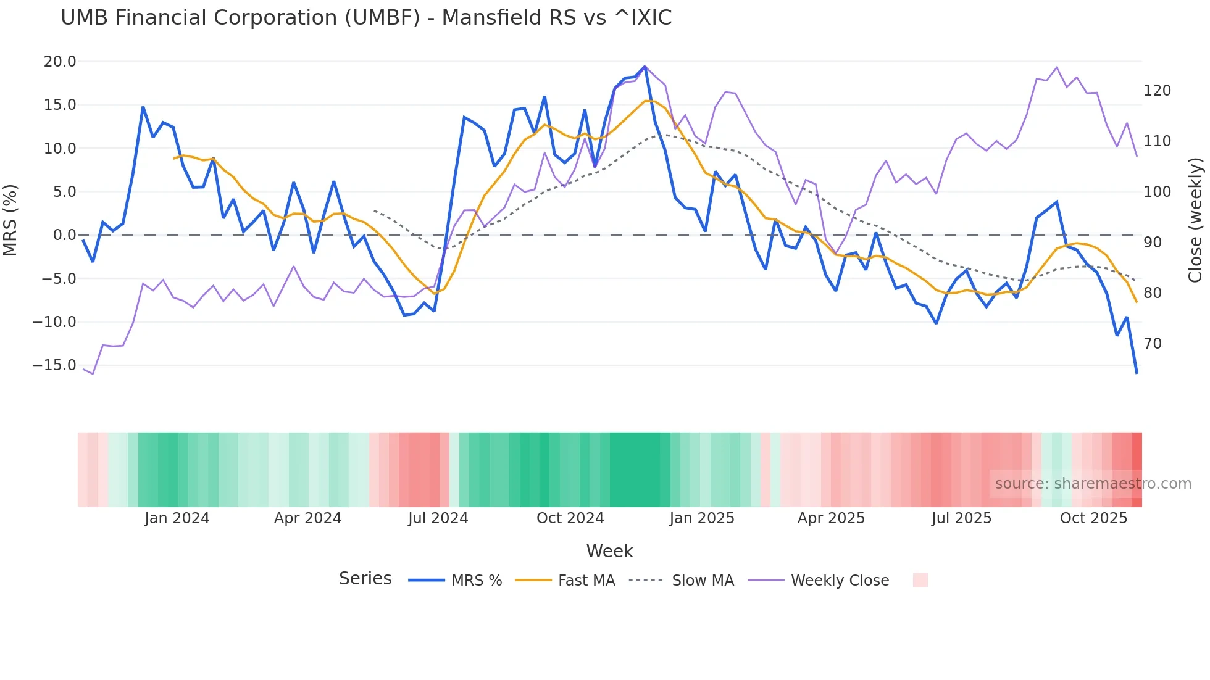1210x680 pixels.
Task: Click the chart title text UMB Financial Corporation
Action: (365, 18)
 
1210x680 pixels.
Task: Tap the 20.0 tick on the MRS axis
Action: (60, 62)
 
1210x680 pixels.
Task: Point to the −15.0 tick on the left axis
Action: (54, 365)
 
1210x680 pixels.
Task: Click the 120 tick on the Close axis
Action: (1157, 91)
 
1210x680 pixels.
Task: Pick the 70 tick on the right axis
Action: (1153, 344)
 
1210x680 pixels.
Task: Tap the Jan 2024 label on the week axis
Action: (177, 518)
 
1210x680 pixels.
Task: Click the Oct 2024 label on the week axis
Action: (570, 518)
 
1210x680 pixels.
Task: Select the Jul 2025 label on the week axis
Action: (961, 518)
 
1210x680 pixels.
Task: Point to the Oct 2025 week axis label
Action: (1093, 518)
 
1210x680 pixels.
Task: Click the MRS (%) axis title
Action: (10, 220)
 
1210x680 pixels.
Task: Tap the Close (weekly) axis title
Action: (1195, 220)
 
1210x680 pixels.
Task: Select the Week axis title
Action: (609, 551)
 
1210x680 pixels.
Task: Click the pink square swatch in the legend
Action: (920, 580)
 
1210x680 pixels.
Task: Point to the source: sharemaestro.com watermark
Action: (1093, 484)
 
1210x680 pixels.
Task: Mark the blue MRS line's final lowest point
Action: (1137, 373)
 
